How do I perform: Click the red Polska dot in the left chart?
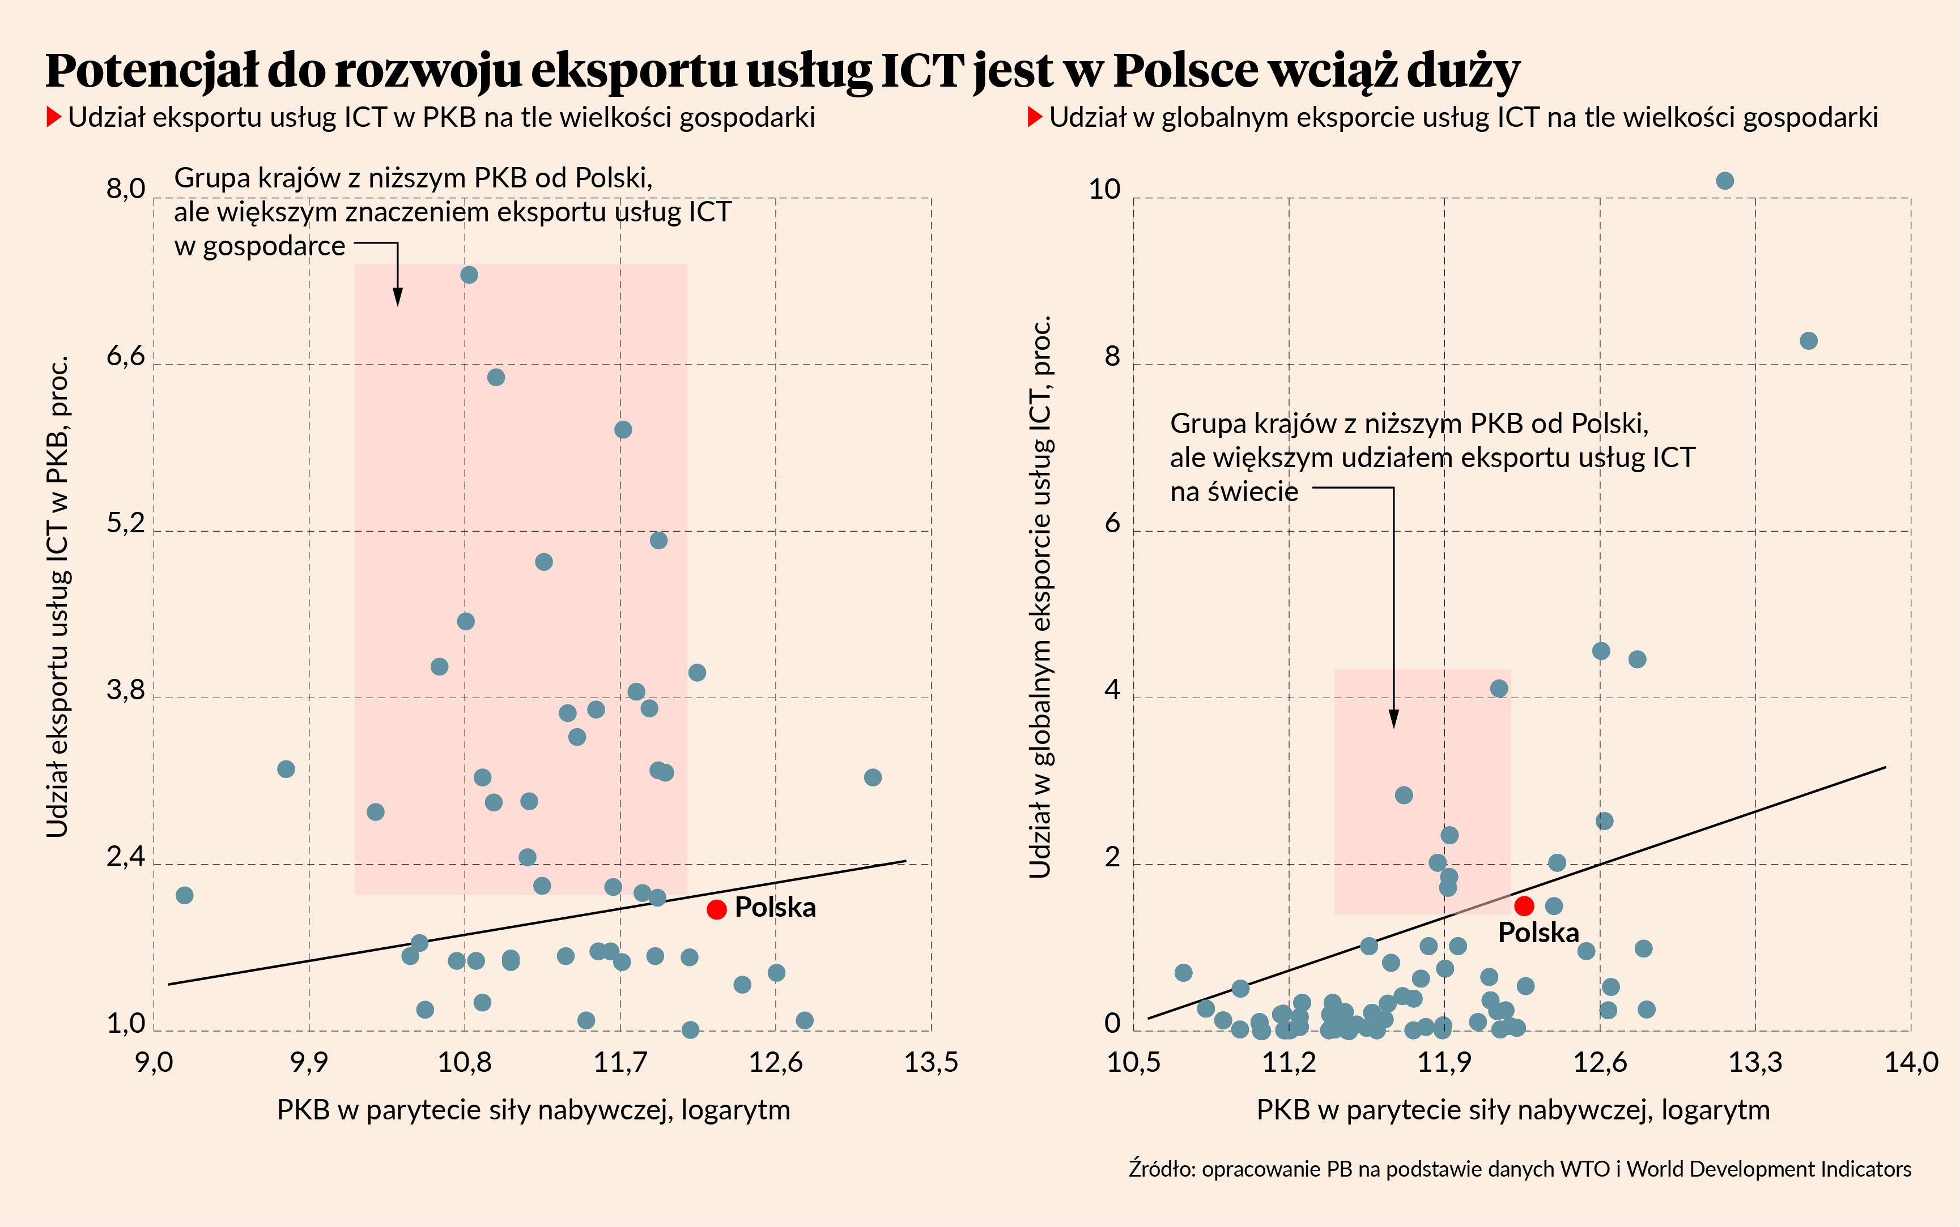(716, 910)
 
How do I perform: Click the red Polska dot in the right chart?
(1524, 905)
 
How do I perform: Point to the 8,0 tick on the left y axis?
(126, 189)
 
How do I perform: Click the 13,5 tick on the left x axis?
(932, 1062)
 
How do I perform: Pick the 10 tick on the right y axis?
(1104, 189)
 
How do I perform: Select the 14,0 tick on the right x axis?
(1911, 1062)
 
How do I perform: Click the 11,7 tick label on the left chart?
(620, 1062)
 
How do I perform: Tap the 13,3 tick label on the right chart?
(1755, 1062)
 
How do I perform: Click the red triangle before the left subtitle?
(54, 117)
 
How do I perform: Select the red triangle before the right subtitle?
(1035, 117)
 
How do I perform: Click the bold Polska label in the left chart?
(775, 907)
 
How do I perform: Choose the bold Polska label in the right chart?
(1538, 933)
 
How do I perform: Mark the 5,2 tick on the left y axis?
(126, 523)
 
